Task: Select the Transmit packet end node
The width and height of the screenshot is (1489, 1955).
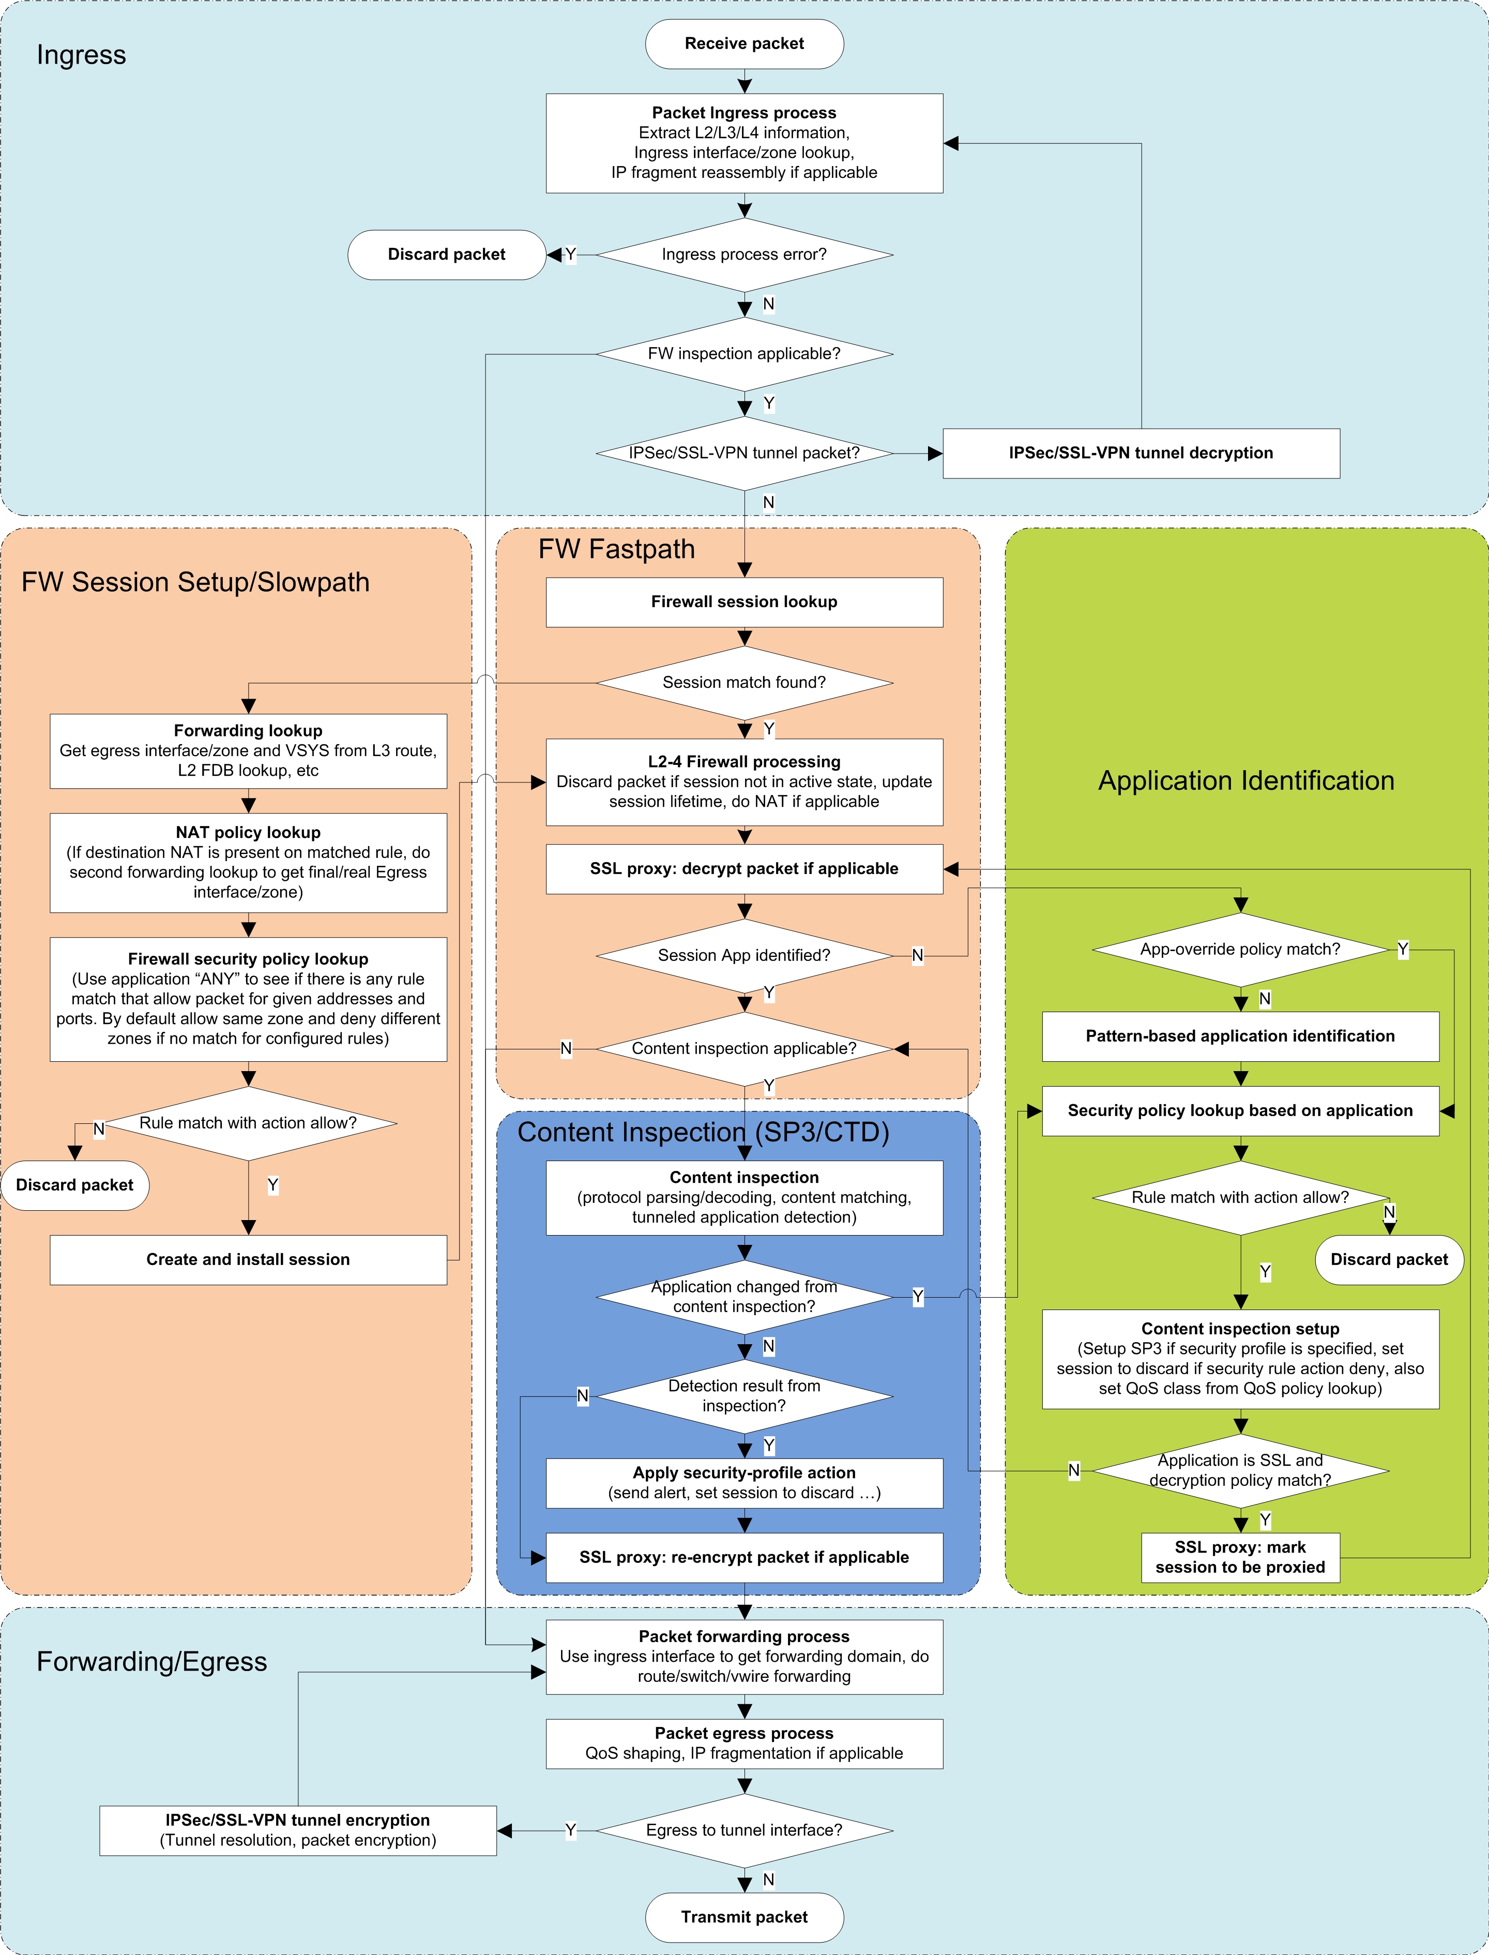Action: [744, 1917]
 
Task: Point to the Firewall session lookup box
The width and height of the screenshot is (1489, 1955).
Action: [744, 602]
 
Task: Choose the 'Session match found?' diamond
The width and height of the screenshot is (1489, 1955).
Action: [744, 683]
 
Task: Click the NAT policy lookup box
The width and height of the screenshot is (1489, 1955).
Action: [248, 862]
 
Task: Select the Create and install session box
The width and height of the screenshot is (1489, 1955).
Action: [248, 1260]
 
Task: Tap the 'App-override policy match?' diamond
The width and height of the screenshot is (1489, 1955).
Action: [1240, 950]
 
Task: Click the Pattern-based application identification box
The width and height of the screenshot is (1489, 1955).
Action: [1240, 1036]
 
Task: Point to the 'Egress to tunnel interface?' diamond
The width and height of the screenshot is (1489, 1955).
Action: [744, 1830]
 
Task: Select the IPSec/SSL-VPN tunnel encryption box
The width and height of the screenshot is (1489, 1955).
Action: [298, 1830]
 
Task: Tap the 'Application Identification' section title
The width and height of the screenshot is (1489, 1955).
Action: [1246, 781]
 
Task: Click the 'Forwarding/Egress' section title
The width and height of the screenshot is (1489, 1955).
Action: [151, 1662]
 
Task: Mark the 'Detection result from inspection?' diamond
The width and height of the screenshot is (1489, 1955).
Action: [744, 1396]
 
